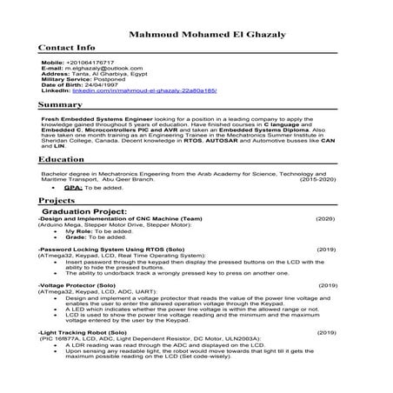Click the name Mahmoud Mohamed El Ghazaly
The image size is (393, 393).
tap(196, 33)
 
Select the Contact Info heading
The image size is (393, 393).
tap(67, 48)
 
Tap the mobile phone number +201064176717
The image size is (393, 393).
tap(97, 63)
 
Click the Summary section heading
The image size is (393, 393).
tap(60, 104)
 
